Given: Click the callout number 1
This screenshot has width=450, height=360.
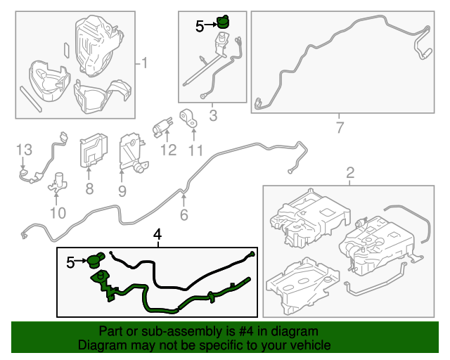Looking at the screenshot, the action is coord(144,63).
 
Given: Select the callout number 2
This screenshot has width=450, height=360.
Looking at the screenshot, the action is coord(350,173).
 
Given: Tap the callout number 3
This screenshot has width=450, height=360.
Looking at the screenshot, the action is coord(213,115).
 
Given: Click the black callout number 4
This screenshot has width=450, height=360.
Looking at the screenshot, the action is coord(157,235).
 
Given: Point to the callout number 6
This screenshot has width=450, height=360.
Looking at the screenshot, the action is coord(184,214).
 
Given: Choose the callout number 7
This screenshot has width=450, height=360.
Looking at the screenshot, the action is coord(340,127).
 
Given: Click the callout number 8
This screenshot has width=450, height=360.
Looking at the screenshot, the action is coord(89,189).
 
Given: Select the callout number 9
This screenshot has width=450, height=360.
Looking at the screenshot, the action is coord(122,191).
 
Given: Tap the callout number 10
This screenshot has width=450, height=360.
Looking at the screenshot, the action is coord(58,213).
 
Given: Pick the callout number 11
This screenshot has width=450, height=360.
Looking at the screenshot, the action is coord(195,150).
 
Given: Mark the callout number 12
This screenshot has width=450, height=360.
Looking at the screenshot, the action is coord(169,150).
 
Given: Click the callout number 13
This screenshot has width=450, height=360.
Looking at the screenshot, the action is coord(24,150).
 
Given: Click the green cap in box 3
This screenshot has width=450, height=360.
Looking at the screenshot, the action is coord(223,22).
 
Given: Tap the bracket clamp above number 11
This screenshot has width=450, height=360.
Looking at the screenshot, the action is coord(188,119).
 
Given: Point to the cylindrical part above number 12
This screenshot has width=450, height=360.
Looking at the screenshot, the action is coord(162,127).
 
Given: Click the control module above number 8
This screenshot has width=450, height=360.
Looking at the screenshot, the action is coord(94,150).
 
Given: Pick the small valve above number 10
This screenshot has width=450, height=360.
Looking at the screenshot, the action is coord(58,182).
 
